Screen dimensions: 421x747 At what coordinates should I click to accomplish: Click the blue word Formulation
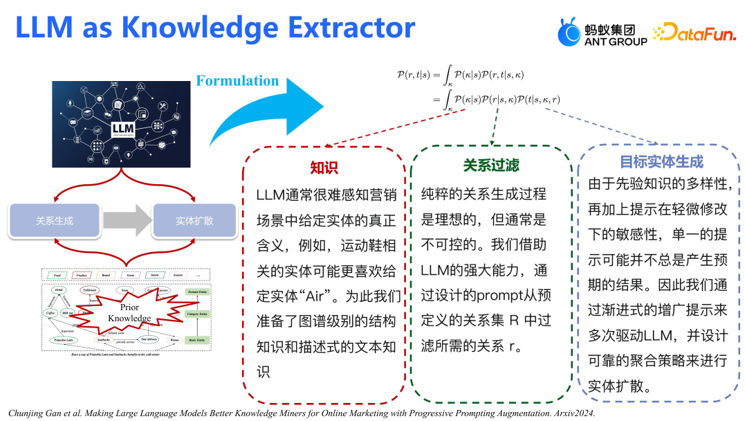click(x=237, y=81)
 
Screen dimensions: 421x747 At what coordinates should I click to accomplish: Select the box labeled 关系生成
click(x=55, y=221)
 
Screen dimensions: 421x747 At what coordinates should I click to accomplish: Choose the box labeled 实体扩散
click(x=194, y=221)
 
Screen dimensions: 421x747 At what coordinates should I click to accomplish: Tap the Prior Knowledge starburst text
click(x=129, y=312)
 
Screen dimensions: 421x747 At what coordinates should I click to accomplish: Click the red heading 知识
click(x=323, y=168)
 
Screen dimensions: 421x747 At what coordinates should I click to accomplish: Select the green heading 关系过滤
click(x=490, y=165)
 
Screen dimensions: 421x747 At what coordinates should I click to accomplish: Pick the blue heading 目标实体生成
click(x=661, y=162)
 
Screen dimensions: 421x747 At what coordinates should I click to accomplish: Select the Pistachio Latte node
click(x=63, y=340)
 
